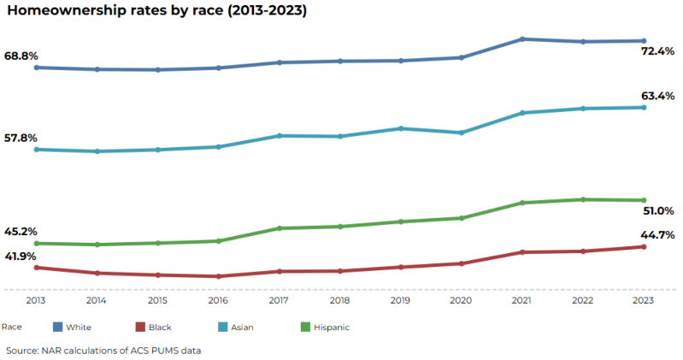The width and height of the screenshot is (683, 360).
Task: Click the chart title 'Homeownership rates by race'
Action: point(156,12)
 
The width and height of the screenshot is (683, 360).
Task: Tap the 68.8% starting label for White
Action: point(21,56)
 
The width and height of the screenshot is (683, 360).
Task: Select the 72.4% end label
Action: point(658,52)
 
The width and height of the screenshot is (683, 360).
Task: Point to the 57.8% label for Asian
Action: point(21,138)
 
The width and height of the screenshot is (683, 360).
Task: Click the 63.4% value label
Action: point(658,96)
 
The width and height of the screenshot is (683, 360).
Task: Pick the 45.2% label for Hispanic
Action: point(21,231)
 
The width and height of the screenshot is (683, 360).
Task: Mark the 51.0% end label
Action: point(658,210)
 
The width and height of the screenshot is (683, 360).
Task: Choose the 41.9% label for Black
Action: point(21,256)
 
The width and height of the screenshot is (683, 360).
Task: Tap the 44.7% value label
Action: point(658,235)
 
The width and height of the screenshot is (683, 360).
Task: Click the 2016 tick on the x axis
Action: point(218,301)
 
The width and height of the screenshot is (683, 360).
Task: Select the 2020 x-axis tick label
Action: point(461,301)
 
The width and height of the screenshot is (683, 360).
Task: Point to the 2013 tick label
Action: point(36,301)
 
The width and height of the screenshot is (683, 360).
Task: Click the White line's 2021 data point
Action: point(521,39)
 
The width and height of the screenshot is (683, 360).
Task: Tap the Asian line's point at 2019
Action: point(400,128)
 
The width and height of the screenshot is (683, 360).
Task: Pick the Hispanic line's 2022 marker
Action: point(582,199)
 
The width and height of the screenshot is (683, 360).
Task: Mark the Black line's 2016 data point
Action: point(218,276)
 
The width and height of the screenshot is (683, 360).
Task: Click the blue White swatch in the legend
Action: point(58,327)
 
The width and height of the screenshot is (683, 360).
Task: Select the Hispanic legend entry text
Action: point(332,327)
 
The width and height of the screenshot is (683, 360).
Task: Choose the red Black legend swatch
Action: point(141,327)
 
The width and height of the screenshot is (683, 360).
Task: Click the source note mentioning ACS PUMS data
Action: point(103,350)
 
